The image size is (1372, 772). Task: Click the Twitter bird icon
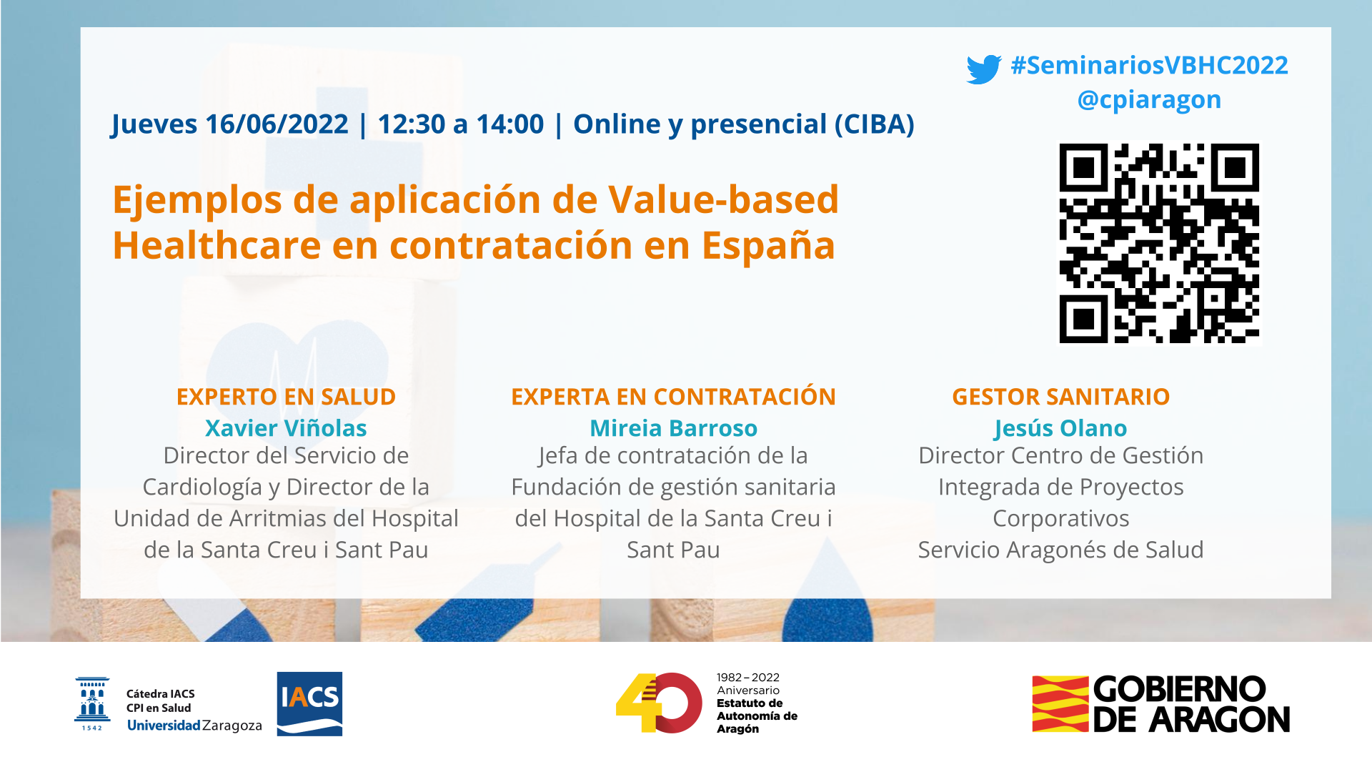[x=984, y=69]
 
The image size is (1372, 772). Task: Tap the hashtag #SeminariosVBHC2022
[x=1149, y=65]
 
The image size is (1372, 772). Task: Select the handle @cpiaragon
[x=1149, y=99]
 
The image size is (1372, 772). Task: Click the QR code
[x=1159, y=244]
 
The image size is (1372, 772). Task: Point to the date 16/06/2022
[x=277, y=124]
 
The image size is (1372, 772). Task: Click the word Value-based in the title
[x=723, y=199]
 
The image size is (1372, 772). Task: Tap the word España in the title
[x=768, y=245]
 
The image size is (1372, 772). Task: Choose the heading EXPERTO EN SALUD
[x=286, y=397]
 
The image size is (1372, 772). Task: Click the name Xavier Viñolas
[x=286, y=428]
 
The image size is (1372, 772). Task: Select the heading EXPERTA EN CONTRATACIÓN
[x=673, y=397]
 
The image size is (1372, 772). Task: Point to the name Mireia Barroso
[x=673, y=428]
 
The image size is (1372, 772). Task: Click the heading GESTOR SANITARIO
[x=1060, y=397]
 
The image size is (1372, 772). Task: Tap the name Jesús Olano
[x=1060, y=428]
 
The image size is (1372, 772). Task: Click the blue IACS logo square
[x=309, y=704]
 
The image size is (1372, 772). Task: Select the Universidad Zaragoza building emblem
[x=92, y=704]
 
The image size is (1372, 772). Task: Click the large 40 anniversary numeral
[x=659, y=703]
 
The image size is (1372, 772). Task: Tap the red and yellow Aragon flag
[x=1060, y=704]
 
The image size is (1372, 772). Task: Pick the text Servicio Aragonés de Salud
[x=1060, y=550]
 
